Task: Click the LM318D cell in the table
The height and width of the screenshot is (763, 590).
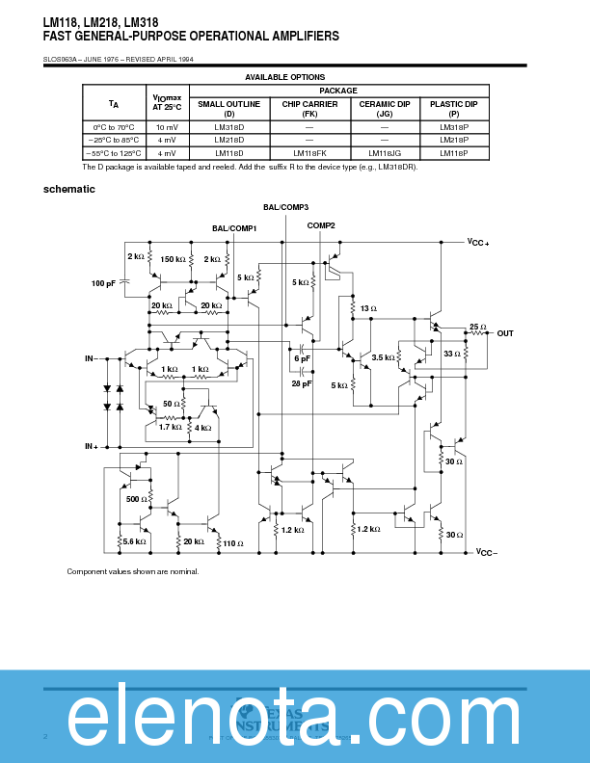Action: (x=228, y=127)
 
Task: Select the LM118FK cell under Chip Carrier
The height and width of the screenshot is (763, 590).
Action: (x=309, y=152)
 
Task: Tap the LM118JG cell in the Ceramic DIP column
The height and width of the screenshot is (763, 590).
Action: (x=384, y=152)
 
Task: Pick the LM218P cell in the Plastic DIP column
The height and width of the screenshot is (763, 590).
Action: (x=453, y=140)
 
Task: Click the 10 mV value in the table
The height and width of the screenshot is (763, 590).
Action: (x=166, y=127)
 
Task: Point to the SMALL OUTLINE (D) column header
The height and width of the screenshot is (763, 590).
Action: (x=228, y=108)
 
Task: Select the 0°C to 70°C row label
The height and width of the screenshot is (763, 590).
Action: (x=113, y=127)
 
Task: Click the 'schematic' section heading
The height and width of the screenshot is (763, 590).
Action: (x=69, y=189)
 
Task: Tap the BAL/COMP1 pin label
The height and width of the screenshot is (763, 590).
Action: (x=233, y=228)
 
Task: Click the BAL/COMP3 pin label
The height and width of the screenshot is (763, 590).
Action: (x=285, y=207)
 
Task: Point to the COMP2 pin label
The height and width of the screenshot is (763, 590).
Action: (x=321, y=225)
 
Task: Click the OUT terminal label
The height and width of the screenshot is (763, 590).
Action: (x=505, y=333)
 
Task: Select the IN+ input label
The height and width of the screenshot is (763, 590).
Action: (x=92, y=447)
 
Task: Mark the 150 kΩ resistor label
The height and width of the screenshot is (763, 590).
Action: (x=174, y=259)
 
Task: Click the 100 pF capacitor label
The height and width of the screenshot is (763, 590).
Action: (x=103, y=283)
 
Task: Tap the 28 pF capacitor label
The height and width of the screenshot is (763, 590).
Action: (x=301, y=383)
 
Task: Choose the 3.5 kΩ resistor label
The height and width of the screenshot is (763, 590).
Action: (x=383, y=357)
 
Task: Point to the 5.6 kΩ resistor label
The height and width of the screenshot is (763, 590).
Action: (x=134, y=541)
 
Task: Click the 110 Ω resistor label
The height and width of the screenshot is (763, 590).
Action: (x=232, y=544)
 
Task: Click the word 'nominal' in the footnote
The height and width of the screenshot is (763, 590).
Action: (x=183, y=572)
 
